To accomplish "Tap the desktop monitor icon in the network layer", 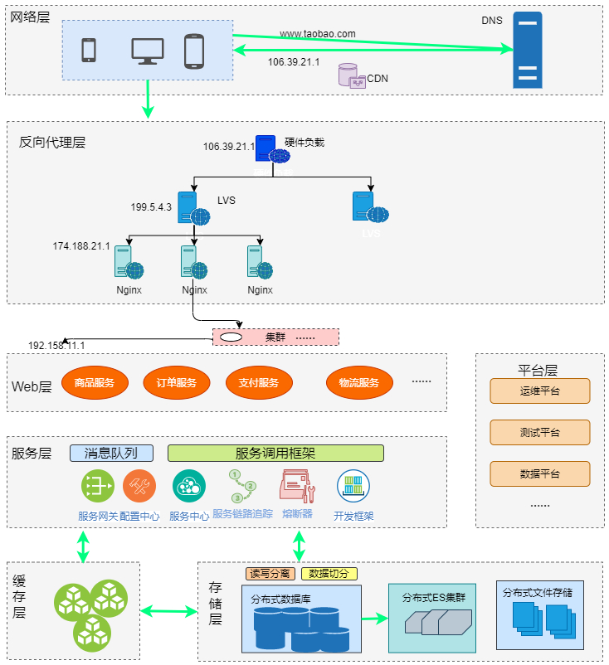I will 147,51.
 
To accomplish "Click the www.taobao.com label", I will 317,34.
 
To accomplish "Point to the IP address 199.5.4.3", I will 151,207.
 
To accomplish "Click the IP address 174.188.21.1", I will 81,246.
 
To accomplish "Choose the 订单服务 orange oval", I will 176,383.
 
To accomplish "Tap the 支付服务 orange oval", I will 258,383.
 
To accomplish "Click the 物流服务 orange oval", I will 358,383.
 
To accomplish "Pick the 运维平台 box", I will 539,391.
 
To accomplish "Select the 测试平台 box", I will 539,432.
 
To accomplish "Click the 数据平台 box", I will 539,473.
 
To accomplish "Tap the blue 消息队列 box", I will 110,453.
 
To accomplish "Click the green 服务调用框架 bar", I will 275,453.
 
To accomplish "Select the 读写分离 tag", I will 270,573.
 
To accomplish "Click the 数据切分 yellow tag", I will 329,573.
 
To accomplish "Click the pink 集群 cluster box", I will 276,337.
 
